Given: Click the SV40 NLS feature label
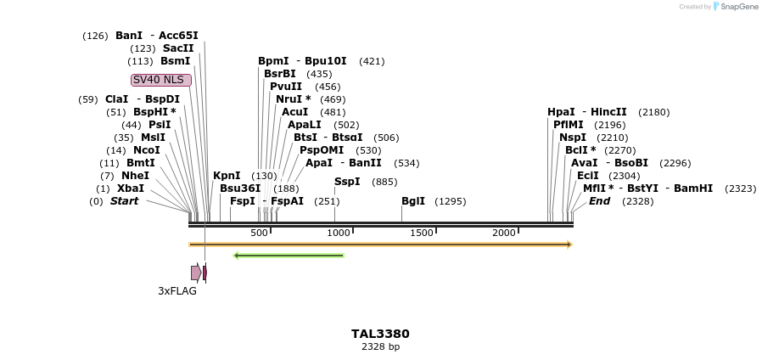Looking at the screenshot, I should click(x=161, y=80).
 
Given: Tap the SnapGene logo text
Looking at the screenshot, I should click(x=736, y=7).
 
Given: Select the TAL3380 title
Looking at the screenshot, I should click(x=380, y=334).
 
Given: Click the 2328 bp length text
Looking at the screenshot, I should click(x=380, y=346).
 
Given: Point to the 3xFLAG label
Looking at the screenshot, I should click(x=177, y=291).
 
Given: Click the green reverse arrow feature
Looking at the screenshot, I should click(x=289, y=255).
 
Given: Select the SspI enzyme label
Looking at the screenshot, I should click(x=347, y=182).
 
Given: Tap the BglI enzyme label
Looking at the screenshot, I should click(x=413, y=201).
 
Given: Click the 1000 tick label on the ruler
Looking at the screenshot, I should click(x=339, y=233).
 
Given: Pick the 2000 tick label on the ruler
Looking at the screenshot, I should click(x=504, y=233).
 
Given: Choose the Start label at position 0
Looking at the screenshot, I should click(x=124, y=201).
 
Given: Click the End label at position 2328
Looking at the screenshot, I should click(x=599, y=201).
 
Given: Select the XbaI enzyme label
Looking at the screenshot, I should click(x=131, y=188).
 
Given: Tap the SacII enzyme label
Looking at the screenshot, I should click(x=178, y=48).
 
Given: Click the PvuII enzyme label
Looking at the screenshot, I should click(x=286, y=87).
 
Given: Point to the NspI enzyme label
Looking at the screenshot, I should click(x=573, y=138).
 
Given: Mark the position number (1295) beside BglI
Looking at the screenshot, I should click(x=450, y=201).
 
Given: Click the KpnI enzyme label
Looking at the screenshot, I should click(x=227, y=176).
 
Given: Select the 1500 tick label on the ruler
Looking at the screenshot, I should click(x=422, y=233).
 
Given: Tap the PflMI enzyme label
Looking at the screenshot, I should click(x=569, y=125).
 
